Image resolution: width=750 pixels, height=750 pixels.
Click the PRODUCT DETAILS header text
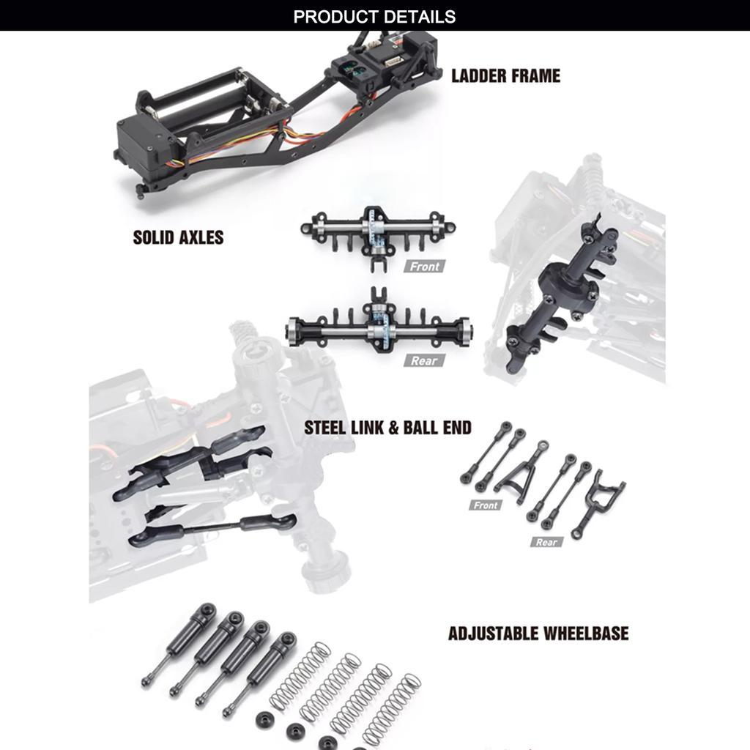[374, 16]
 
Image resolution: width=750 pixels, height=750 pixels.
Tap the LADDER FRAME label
[505, 75]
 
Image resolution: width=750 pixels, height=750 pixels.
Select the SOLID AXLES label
[178, 237]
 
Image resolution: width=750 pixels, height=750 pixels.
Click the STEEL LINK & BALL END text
[387, 428]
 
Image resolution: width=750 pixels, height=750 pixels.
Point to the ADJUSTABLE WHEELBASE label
[538, 634]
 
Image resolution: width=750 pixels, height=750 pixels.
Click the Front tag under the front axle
[424, 267]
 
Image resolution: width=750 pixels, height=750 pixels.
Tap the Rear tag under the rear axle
[424, 360]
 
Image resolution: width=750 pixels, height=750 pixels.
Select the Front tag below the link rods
[486, 505]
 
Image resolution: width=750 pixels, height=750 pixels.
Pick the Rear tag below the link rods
[546, 542]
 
